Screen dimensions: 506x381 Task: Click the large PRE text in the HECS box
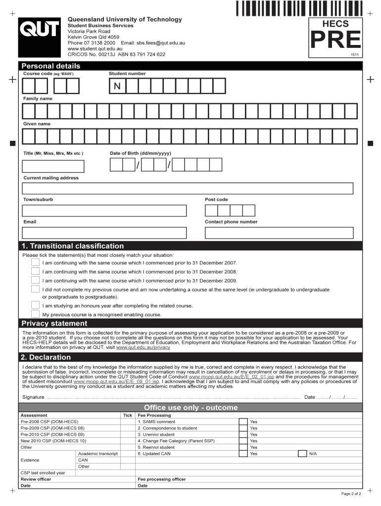tap(335, 41)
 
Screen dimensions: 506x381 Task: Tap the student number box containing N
tap(117, 87)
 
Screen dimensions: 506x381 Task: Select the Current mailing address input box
tap(188, 188)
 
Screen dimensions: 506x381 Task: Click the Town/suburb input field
tap(104, 211)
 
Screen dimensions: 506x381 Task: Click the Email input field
tap(104, 233)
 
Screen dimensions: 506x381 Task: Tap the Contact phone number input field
tap(279, 233)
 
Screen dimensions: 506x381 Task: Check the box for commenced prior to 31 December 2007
tap(35, 262)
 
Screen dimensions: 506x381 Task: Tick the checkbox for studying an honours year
tap(35, 305)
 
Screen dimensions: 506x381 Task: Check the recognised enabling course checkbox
tap(35, 314)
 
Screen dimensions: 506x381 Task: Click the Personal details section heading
tap(50, 66)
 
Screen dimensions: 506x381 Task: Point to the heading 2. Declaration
tap(46, 357)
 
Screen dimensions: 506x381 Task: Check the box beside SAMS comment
tap(243, 422)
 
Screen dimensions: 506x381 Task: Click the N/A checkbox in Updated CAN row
tap(302, 453)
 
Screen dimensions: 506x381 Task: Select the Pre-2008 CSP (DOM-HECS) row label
tap(49, 422)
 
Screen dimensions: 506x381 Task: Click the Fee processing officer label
tap(161, 479)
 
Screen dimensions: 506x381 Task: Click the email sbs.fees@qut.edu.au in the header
tap(160, 43)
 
